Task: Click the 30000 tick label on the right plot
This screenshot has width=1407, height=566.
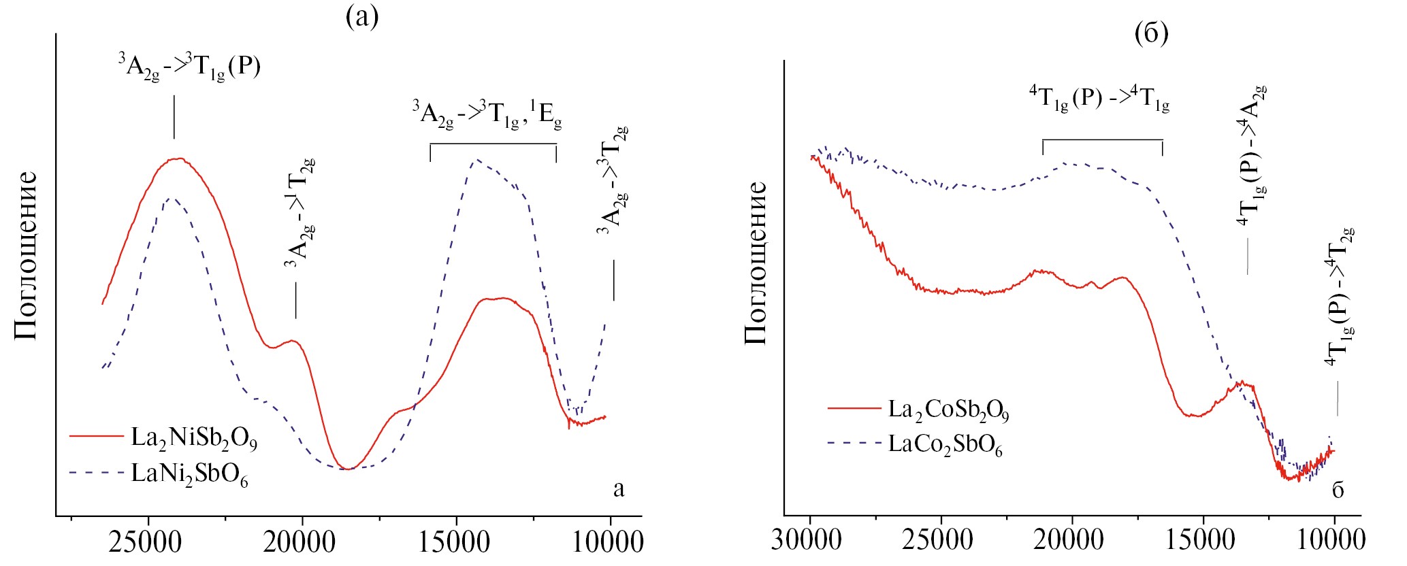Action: click(807, 540)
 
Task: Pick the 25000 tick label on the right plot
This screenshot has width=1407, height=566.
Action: click(939, 540)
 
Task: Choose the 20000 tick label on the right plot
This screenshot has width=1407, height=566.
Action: click(1069, 540)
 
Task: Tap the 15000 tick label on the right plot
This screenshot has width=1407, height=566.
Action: click(1201, 540)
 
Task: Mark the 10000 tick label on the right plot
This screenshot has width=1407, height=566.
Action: click(1332, 540)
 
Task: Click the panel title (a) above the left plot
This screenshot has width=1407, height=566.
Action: click(362, 16)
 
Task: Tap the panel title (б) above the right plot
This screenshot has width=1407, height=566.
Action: click(1152, 32)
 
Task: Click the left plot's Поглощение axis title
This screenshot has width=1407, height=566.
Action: click(26, 255)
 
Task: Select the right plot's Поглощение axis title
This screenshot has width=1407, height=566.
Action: click(756, 263)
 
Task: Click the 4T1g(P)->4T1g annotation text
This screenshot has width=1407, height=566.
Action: click(1099, 99)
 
